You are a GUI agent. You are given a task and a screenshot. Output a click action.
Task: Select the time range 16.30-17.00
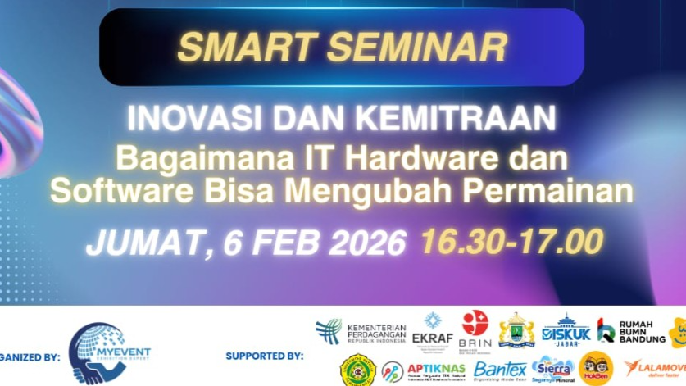[x=512, y=241]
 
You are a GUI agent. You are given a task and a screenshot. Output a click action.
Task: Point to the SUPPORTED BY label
[x=264, y=356]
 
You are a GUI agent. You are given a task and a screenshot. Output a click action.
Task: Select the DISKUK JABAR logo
[x=566, y=331]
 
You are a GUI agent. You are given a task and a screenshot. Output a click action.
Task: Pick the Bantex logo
[x=499, y=370]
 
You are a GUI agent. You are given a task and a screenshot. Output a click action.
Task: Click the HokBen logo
[x=596, y=369]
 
